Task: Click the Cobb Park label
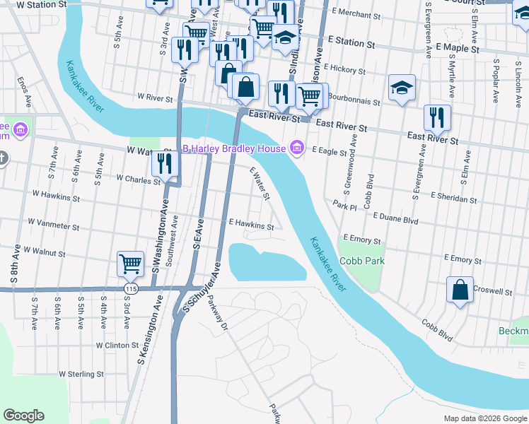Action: click(x=361, y=261)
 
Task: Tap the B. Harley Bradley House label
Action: click(x=233, y=148)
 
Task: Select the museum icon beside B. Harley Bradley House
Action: click(x=297, y=148)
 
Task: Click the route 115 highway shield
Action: click(x=130, y=289)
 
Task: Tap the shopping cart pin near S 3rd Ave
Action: click(x=131, y=264)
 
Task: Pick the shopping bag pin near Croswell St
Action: click(x=460, y=290)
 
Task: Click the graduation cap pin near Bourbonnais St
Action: click(x=402, y=88)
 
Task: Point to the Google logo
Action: click(x=23, y=416)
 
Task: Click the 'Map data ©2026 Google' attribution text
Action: click(x=484, y=418)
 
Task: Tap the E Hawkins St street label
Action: click(x=251, y=226)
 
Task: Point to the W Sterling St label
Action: click(x=81, y=374)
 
